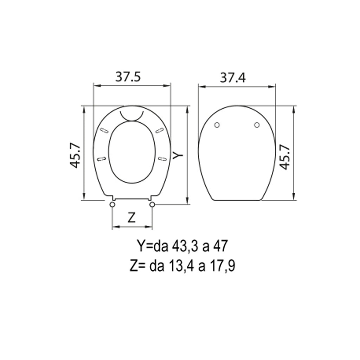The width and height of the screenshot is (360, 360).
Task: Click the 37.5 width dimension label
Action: pyautogui.click(x=128, y=77)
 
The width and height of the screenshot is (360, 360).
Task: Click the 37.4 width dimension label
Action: pyautogui.click(x=233, y=77)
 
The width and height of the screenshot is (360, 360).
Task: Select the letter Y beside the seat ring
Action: pyautogui.click(x=178, y=154)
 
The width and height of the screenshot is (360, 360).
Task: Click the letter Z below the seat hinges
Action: pyautogui.click(x=131, y=218)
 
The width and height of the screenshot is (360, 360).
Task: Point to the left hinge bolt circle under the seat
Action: pyautogui.click(x=112, y=205)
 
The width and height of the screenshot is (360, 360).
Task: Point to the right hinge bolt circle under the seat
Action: pyautogui.click(x=152, y=205)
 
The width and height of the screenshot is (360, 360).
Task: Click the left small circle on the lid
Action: pyautogui.click(x=217, y=125)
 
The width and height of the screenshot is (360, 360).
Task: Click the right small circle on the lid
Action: pyautogui.click(x=257, y=125)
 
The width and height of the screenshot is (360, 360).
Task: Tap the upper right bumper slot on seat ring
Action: pyautogui.click(x=159, y=130)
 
